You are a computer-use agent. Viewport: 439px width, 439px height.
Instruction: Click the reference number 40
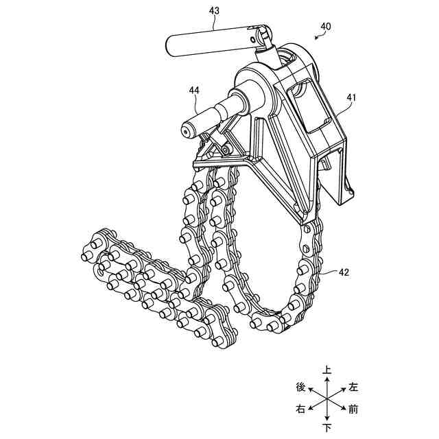point(325,26)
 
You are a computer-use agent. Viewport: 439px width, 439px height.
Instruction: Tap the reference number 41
point(351,97)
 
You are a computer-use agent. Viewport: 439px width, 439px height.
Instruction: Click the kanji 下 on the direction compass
point(328,428)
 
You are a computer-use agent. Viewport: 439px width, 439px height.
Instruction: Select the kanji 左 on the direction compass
point(353,387)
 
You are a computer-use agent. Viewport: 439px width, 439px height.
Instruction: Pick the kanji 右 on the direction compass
point(300,410)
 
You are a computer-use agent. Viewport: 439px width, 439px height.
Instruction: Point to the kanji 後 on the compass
point(300,387)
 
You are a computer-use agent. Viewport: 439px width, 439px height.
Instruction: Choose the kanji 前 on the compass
point(353,410)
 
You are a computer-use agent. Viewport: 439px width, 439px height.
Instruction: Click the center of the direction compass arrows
point(328,399)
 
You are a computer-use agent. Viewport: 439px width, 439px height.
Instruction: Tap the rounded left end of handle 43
point(171,47)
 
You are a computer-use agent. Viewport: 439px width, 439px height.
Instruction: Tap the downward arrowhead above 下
point(328,419)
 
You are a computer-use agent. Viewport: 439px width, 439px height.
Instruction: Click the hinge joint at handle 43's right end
point(261,34)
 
